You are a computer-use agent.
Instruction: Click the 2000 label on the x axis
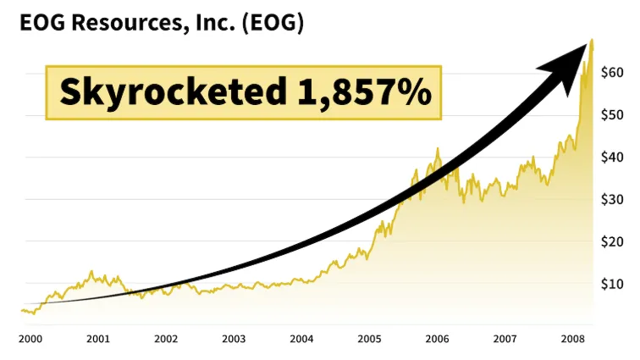[30, 339]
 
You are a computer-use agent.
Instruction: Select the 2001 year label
[98, 339]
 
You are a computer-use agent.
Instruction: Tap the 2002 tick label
[166, 339]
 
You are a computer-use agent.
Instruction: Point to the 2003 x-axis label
[234, 339]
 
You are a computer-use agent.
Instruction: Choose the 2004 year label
[301, 339]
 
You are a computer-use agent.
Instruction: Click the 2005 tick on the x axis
[369, 339]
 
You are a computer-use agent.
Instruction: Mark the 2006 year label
[437, 339]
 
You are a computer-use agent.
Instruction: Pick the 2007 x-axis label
[505, 339]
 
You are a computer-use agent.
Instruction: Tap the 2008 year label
[572, 339]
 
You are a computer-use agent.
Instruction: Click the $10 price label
[613, 284]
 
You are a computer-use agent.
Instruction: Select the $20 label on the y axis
[613, 241]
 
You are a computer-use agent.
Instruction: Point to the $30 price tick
[613, 200]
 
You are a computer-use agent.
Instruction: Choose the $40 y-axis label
[613, 158]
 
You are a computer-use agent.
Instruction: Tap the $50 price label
[613, 115]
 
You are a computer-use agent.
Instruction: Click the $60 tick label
[613, 74]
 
